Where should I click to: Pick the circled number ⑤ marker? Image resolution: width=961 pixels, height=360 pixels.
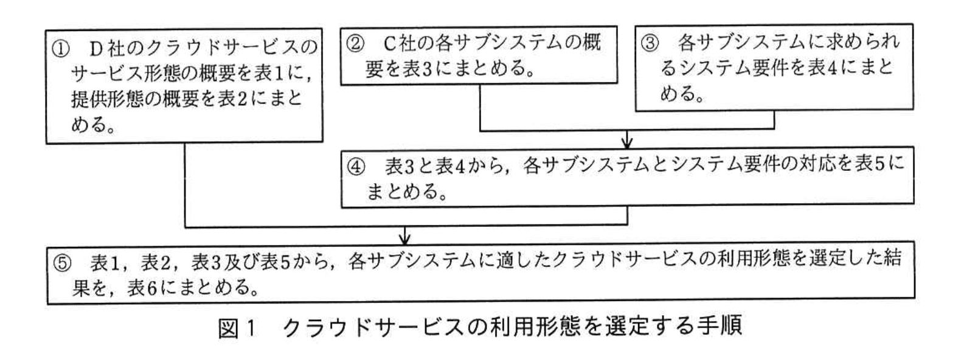point(62,263)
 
